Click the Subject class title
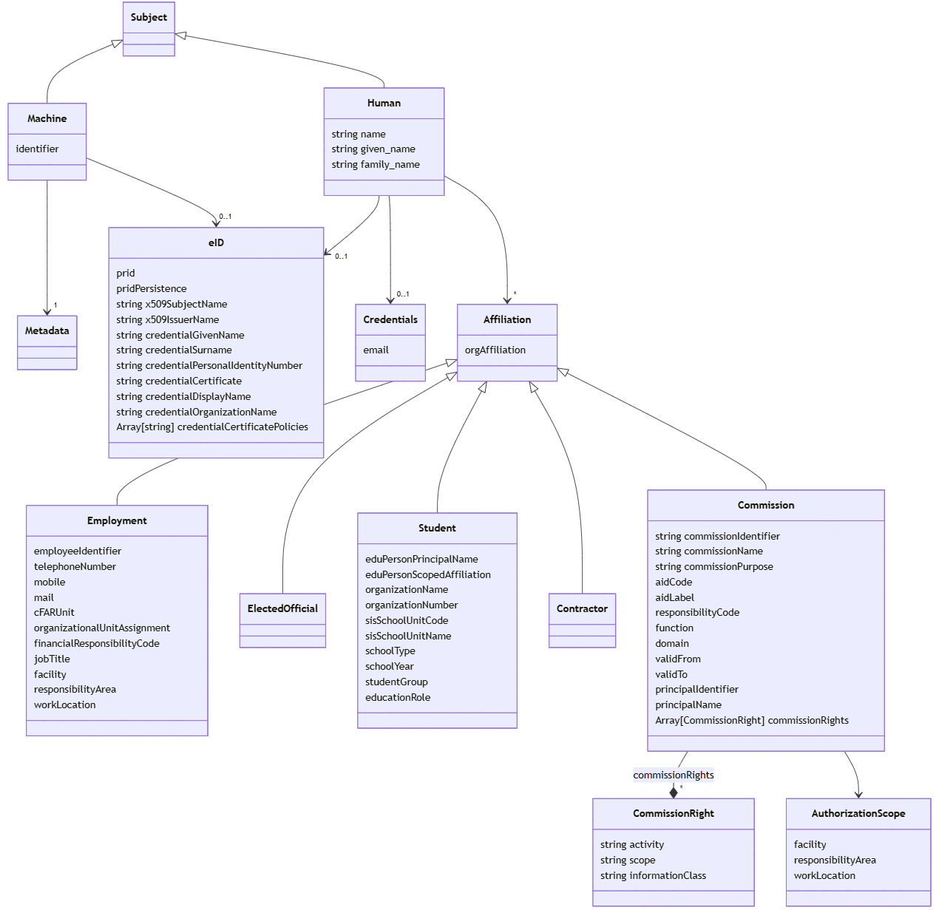click(x=149, y=17)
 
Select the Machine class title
click(x=47, y=118)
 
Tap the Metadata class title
click(x=47, y=330)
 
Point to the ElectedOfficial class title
click(x=282, y=608)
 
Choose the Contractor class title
click(x=582, y=608)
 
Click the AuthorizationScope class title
click(x=858, y=813)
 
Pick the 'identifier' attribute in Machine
click(x=37, y=149)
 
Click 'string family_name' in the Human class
click(x=376, y=164)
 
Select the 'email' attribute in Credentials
click(x=376, y=350)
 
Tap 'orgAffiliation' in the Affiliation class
click(x=495, y=350)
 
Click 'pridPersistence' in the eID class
click(x=152, y=288)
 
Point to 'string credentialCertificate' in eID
click(x=179, y=381)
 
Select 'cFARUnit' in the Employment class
click(x=54, y=612)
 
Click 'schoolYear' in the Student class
click(x=390, y=666)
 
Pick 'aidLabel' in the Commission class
click(x=674, y=597)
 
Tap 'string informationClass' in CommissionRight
click(x=653, y=875)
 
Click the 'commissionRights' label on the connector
click(x=674, y=775)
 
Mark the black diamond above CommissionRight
click(x=674, y=792)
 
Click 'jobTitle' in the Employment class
click(x=52, y=659)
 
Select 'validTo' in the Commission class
click(x=671, y=674)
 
